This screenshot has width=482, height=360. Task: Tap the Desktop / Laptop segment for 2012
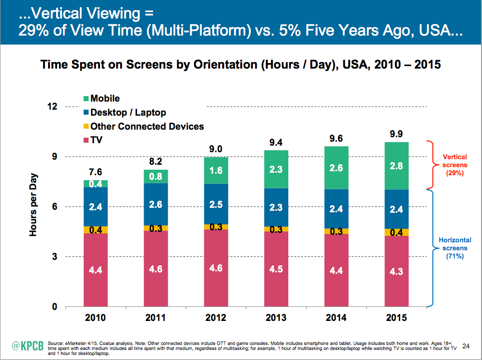(216, 204)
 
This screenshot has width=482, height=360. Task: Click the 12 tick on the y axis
(66, 107)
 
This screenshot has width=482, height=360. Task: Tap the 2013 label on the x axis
(277, 318)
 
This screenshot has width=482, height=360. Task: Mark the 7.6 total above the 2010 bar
(95, 172)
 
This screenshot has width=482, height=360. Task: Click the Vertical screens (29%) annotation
(455, 165)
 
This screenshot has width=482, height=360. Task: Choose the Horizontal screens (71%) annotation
(455, 248)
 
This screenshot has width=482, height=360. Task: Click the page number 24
(466, 345)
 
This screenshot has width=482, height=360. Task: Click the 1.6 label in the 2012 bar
(216, 170)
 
